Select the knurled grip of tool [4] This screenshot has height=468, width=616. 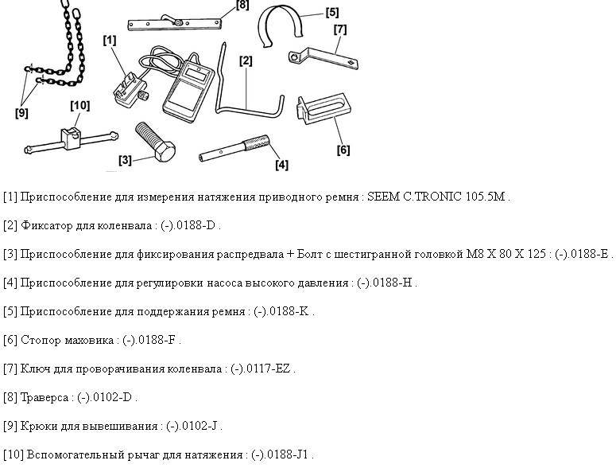point(257,142)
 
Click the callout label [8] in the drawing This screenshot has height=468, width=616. point(242,5)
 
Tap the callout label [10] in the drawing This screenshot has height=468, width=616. point(80,105)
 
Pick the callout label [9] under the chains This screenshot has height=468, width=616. point(21,113)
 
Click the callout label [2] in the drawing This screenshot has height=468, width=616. point(246,60)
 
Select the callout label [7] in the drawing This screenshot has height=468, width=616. point(340,29)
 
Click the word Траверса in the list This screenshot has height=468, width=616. point(45,398)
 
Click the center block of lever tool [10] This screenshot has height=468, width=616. point(71,138)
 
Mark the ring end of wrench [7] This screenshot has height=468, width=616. point(294,57)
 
